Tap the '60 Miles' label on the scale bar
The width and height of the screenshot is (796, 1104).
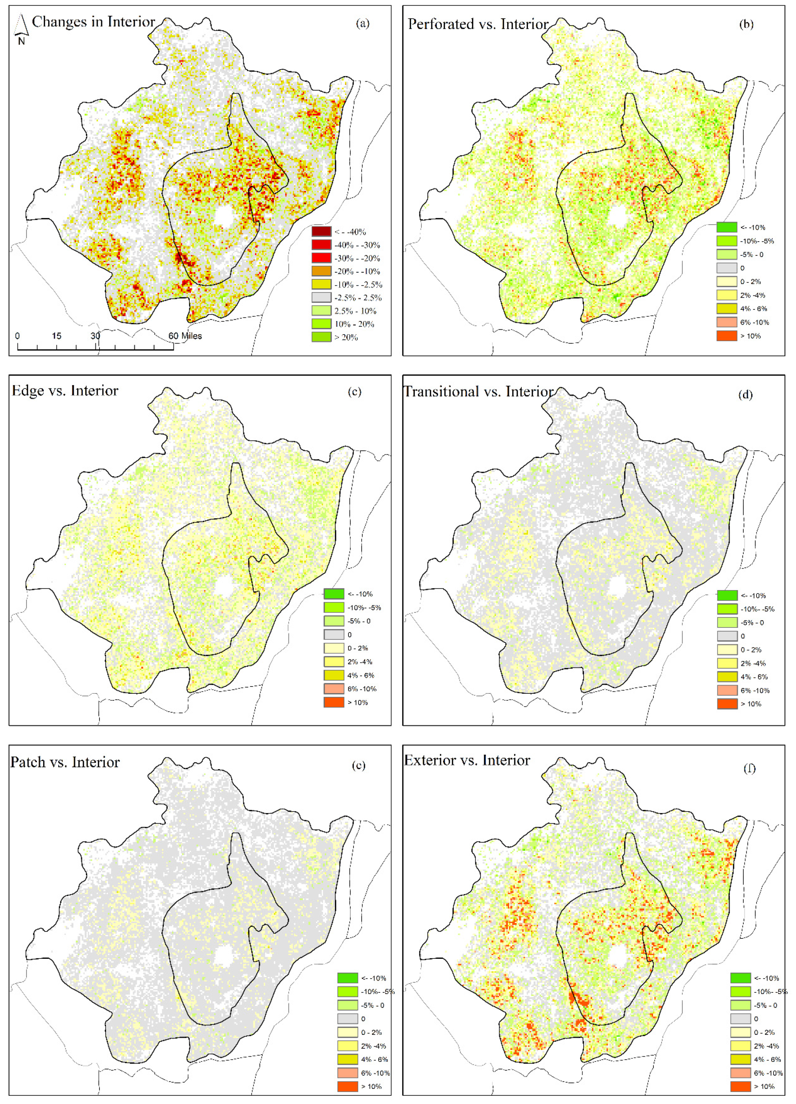[185, 336]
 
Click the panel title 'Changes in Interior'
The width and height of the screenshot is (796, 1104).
[94, 22]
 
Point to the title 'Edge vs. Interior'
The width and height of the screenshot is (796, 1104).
[65, 391]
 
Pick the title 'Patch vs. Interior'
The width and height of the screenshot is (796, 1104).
[65, 762]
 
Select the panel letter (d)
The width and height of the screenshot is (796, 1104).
[745, 395]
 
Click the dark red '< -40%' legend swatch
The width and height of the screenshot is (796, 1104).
[321, 232]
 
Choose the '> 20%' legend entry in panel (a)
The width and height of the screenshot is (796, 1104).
[321, 337]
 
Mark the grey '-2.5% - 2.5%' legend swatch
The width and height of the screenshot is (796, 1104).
[321, 297]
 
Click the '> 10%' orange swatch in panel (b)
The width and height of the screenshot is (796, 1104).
[727, 336]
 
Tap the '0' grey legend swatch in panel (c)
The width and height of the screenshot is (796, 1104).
[334, 635]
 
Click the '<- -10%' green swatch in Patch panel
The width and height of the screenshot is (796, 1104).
[347, 978]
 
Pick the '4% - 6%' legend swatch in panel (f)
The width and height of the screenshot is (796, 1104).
[740, 1059]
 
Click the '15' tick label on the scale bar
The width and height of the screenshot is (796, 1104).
[56, 336]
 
